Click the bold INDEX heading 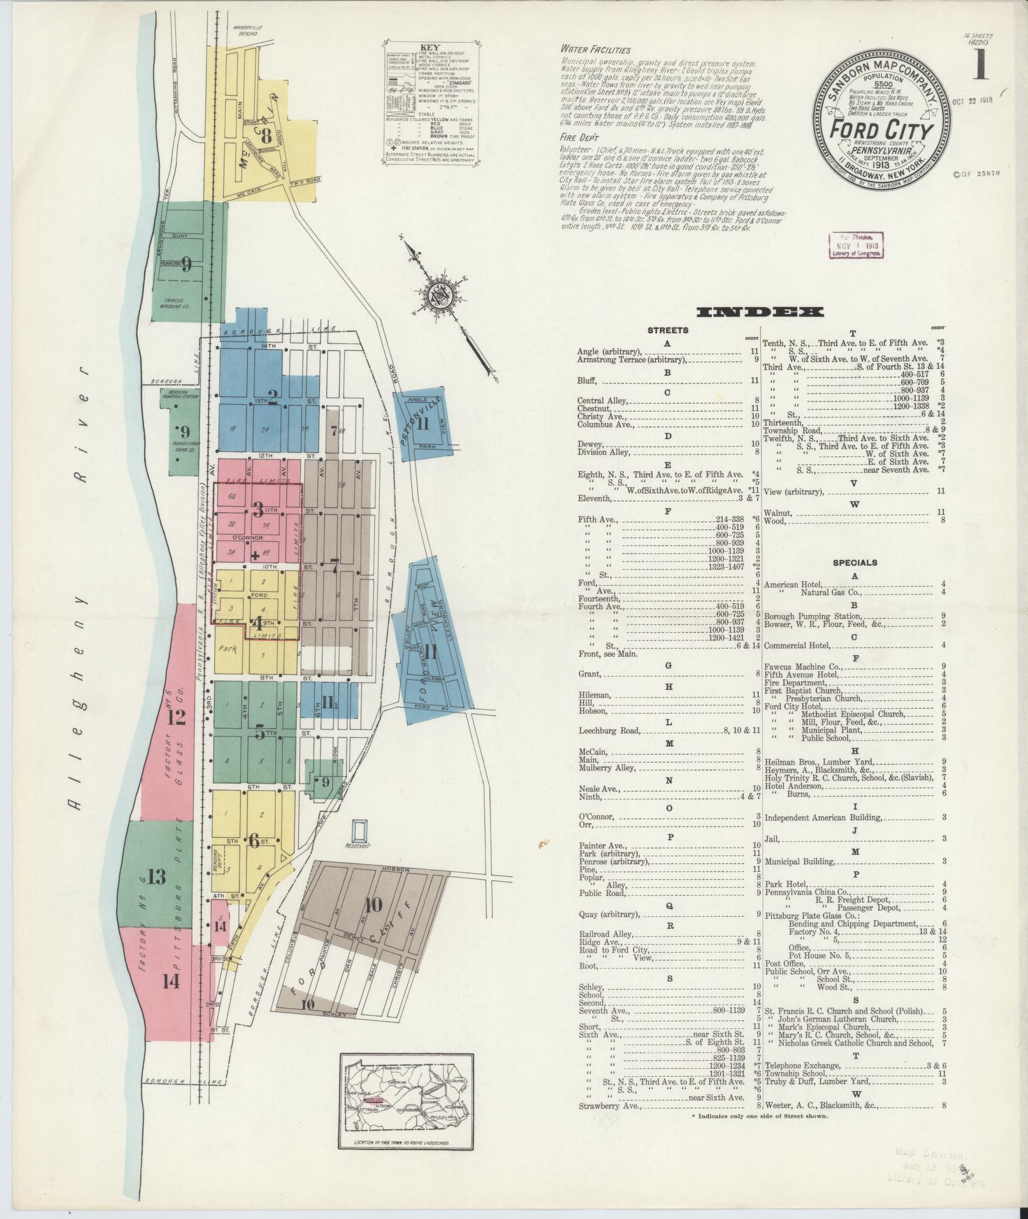(x=760, y=312)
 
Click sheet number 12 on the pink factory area (x=175, y=718)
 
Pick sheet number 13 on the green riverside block (x=156, y=877)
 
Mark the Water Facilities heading (x=595, y=50)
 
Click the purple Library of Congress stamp (x=855, y=244)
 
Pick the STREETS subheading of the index (x=667, y=330)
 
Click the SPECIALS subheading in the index (x=855, y=563)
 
